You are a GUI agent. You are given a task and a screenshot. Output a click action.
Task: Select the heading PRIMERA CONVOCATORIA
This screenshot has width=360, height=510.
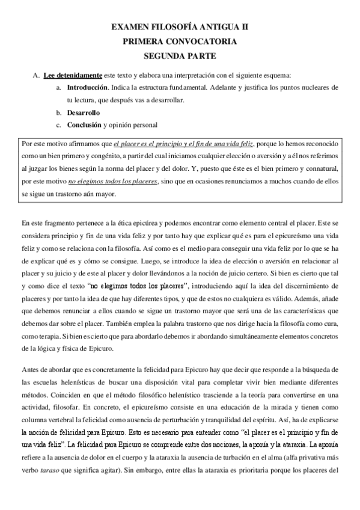point(180,41)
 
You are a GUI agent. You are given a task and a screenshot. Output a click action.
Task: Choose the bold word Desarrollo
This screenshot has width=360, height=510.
point(84,112)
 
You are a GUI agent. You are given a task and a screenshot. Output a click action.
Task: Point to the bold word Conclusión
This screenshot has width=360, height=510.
point(84,125)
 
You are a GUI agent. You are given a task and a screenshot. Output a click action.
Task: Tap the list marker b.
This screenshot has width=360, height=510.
point(58,112)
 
